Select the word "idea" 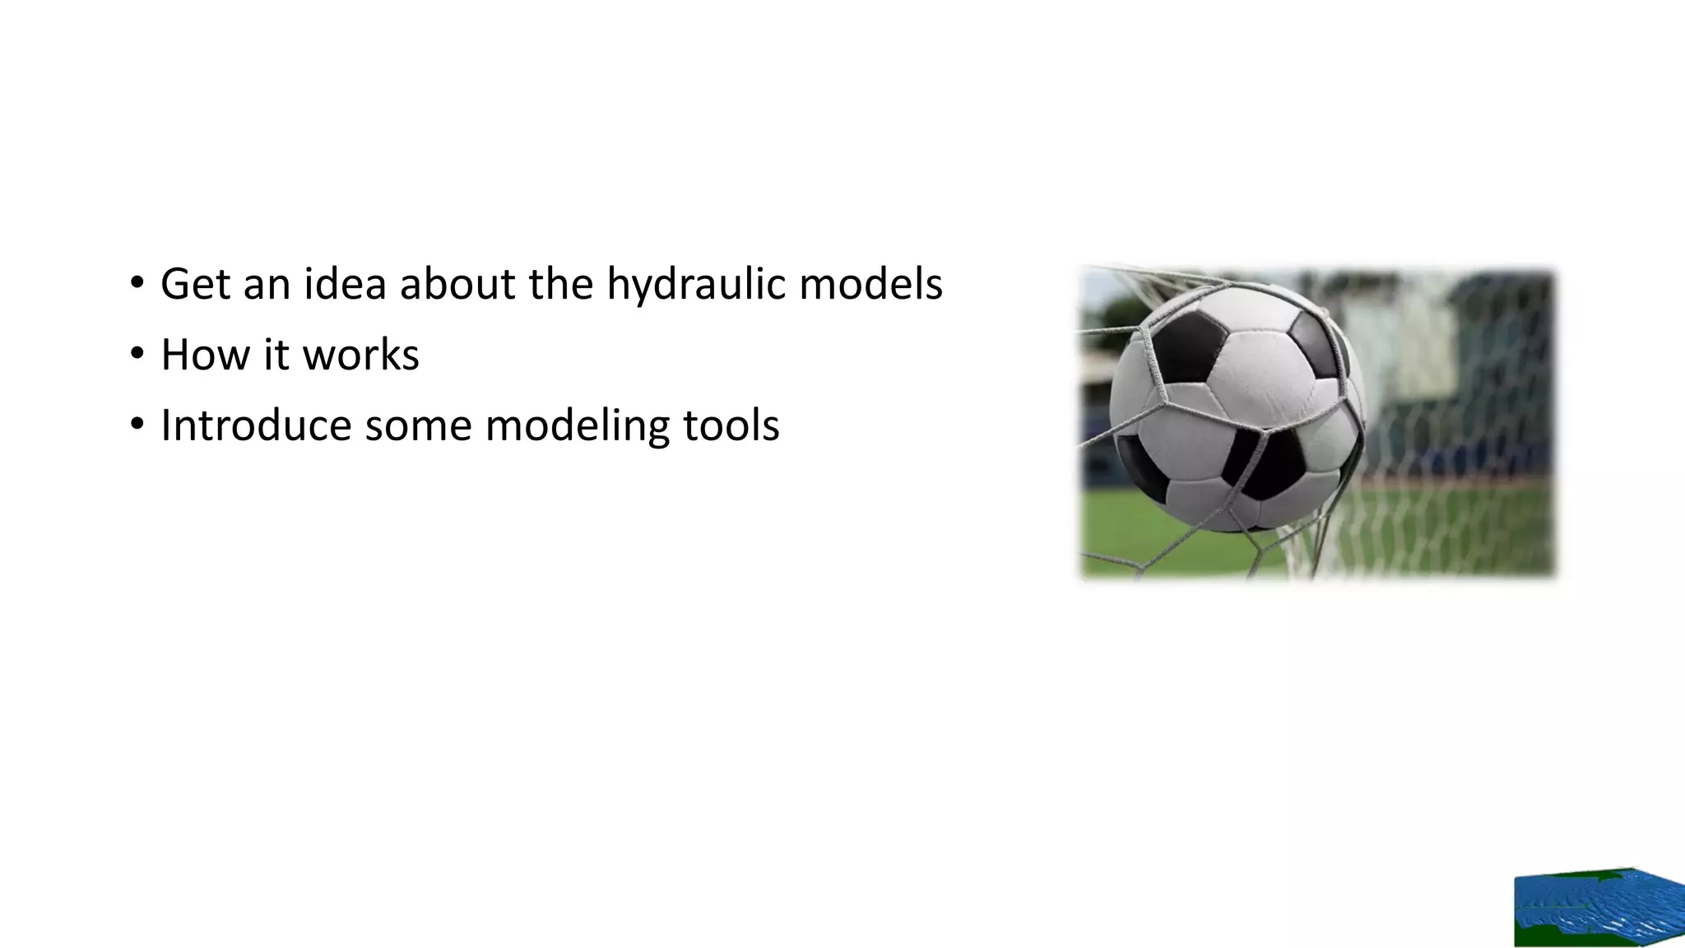click(346, 285)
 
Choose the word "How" click(205, 355)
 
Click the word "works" click(361, 355)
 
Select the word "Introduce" click(256, 426)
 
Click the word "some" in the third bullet click(418, 426)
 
